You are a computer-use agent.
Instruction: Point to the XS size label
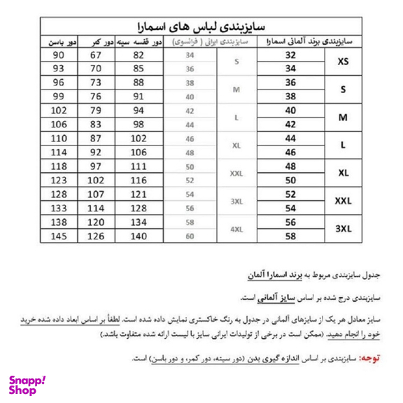click(x=344, y=62)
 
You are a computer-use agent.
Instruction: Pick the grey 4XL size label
click(x=236, y=228)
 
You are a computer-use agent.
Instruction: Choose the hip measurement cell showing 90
click(x=57, y=55)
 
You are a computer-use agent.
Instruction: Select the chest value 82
click(x=139, y=55)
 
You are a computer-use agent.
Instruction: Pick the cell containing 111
click(x=139, y=167)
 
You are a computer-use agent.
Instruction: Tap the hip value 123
click(x=57, y=180)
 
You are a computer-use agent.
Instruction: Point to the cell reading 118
click(x=57, y=167)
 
